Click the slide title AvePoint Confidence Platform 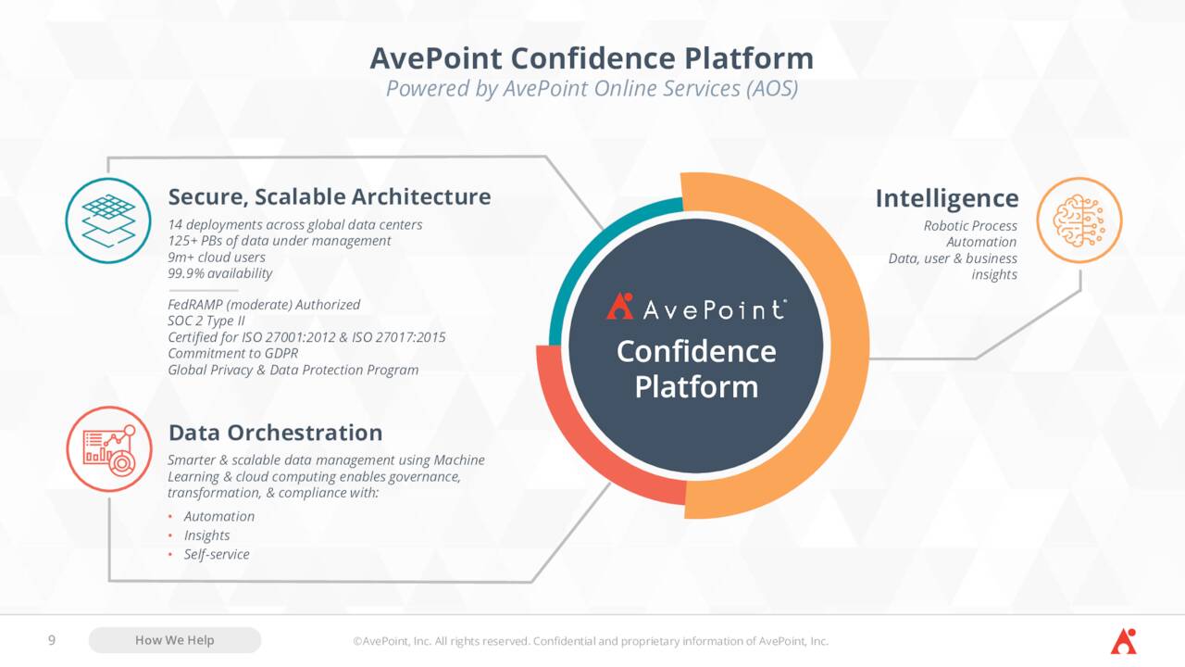point(592,58)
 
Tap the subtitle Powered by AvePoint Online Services point(592,89)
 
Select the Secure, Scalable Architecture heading point(329,196)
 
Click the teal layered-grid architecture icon point(108,220)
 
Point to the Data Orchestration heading point(275,433)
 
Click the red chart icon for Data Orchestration point(108,448)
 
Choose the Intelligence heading point(946,198)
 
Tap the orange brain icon point(1079,220)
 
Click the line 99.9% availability point(220,273)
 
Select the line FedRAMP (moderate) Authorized point(264,305)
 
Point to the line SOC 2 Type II point(206,321)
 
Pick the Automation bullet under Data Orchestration point(218,516)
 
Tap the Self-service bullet point(216,554)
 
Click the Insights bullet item point(206,535)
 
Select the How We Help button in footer point(175,640)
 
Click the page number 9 point(52,640)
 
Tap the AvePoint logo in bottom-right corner point(1123,640)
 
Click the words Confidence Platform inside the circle point(696,369)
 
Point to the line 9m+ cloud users point(217,258)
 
